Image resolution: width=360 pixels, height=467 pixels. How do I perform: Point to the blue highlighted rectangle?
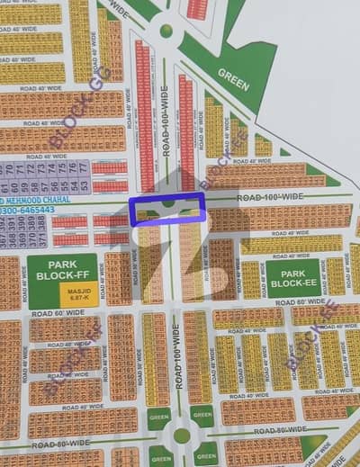[x=166, y=211]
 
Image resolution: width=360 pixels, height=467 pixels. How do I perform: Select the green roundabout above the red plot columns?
[x=166, y=31]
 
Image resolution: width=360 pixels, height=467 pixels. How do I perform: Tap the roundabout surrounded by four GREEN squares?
[x=182, y=436]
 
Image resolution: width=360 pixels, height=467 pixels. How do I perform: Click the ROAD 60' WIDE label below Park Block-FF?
[x=58, y=312]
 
